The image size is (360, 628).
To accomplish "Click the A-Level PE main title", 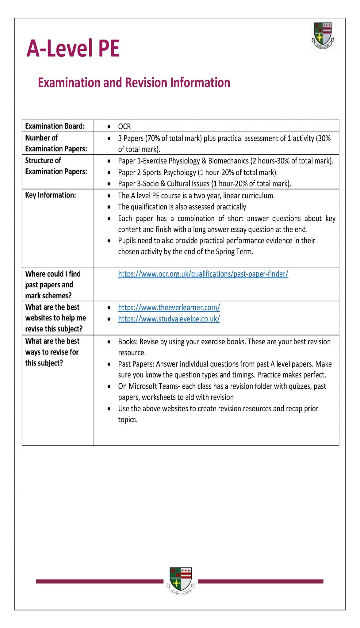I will coord(73,48).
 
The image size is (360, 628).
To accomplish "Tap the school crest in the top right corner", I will coord(323,36).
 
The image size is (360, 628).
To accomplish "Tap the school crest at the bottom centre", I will coord(181,580).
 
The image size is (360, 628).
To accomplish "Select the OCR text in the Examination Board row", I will coord(124,126).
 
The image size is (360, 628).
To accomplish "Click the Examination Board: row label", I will coord(55,126).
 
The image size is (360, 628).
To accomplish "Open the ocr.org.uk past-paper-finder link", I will coord(203,274).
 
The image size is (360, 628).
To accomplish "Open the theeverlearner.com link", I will coord(169,307).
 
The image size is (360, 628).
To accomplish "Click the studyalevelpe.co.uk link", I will coord(169,319).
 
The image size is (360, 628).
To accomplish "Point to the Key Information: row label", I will coord(51,195).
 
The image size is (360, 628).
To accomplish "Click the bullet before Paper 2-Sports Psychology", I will coord(109,173).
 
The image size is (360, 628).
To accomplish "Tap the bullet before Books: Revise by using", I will coord(109,342).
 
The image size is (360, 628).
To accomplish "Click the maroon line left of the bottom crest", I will coord(100,581).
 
